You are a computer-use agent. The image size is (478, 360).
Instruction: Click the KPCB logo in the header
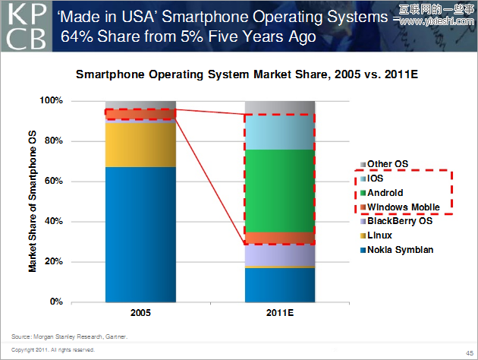tap(25, 25)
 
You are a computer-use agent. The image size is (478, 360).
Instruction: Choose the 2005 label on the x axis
tap(140, 313)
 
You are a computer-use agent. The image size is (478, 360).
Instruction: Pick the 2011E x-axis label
tap(278, 313)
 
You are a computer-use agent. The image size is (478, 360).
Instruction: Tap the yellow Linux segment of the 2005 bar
tap(140, 144)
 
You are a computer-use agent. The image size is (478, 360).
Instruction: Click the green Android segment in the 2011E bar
tap(278, 191)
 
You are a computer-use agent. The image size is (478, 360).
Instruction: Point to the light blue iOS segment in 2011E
tap(278, 132)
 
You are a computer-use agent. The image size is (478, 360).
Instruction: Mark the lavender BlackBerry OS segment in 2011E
tap(278, 255)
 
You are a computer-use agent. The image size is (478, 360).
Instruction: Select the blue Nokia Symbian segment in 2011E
tap(278, 285)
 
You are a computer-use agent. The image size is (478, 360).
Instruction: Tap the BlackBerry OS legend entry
tap(399, 221)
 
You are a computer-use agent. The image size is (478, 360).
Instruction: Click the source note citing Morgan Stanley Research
tap(69, 336)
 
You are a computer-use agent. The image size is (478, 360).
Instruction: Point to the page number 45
tap(469, 352)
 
